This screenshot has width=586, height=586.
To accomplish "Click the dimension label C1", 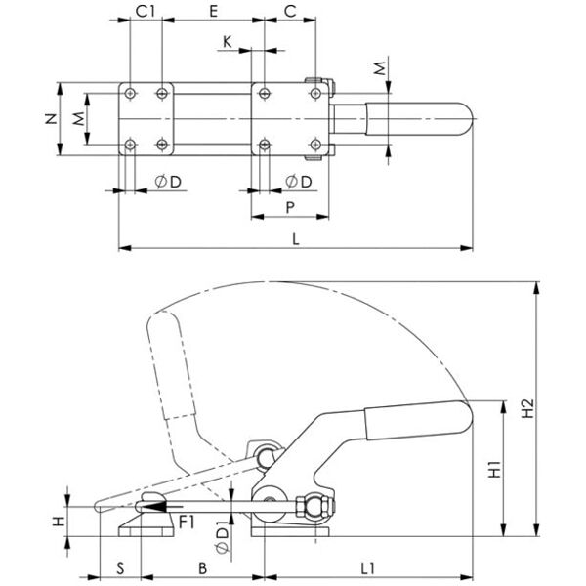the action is click(x=145, y=11).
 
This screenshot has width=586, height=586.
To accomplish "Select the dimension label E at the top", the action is click(x=213, y=11).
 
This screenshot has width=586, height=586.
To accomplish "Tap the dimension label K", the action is click(x=227, y=42).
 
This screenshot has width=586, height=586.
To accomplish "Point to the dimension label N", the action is click(x=51, y=119).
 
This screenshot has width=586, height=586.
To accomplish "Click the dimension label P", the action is click(x=290, y=207).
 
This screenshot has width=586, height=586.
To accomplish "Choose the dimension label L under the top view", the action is click(x=296, y=239).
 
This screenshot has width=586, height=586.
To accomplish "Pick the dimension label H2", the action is click(x=527, y=408).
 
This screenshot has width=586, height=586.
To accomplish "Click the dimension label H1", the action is click(x=495, y=470).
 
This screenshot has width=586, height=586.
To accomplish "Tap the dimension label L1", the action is click(x=368, y=568).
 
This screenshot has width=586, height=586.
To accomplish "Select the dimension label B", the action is click(x=202, y=568).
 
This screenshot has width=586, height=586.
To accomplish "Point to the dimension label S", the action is click(x=120, y=568).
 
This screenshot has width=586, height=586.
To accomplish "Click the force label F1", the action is click(x=187, y=523).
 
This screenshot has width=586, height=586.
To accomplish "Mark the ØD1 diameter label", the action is click(x=222, y=539).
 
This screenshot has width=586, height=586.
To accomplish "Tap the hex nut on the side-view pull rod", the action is click(x=301, y=506).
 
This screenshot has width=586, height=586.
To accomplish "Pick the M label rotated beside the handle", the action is click(x=380, y=68).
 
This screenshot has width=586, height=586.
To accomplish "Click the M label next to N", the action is click(x=78, y=119).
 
